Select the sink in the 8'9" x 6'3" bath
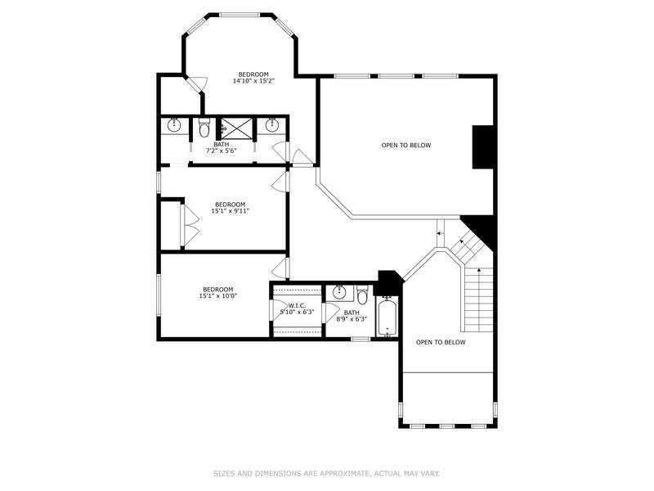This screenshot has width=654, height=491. pos(339,291)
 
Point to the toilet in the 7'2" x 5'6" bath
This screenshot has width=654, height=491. pos(204,128)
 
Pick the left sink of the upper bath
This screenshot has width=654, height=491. pos(174,125)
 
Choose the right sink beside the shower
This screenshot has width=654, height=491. pos(271,125)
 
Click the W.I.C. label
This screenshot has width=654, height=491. pos(296,305)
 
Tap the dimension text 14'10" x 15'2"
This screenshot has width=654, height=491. pos(252,81)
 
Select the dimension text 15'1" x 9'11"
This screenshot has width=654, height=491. pos(230,211)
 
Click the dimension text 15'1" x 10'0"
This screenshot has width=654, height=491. pos(218,296)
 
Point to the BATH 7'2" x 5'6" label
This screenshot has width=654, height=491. pos(221,148)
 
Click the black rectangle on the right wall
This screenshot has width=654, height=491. pos(483,146)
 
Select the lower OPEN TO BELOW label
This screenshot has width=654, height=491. pos(441,342)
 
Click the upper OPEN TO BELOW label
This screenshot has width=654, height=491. pos(406,146)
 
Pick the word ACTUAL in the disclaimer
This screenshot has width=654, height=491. pos(388,473)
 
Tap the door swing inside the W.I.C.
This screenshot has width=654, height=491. pos(278,312)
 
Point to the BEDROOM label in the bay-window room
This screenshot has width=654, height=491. pos(253,74)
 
